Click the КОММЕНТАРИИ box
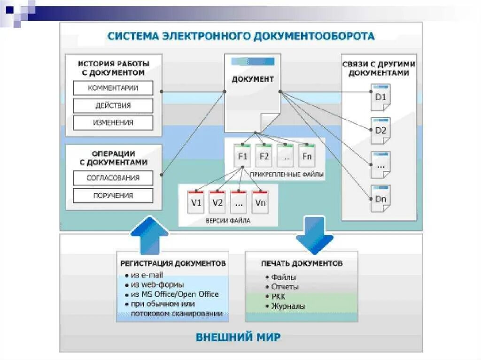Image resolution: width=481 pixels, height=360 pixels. (x=113, y=88)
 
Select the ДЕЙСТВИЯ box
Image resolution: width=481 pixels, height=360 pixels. (x=113, y=105)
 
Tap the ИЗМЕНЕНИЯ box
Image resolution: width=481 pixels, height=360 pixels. (x=113, y=123)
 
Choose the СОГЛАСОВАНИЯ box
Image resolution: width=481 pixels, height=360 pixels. (x=113, y=178)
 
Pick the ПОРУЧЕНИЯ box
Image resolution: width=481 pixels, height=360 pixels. (x=113, y=195)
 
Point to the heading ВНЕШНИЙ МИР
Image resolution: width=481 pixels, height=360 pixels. (x=238, y=337)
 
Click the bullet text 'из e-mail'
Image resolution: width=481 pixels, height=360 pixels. (x=147, y=275)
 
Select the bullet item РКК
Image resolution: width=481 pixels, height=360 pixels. (x=278, y=297)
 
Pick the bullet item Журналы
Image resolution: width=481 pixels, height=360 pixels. (x=288, y=306)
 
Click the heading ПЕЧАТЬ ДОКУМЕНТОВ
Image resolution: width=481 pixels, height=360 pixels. (x=302, y=263)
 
